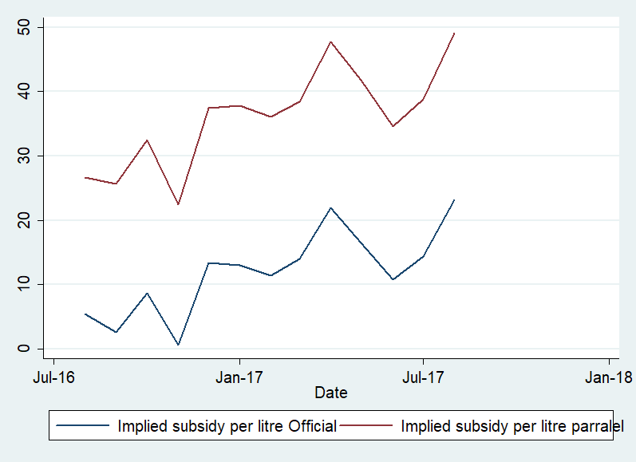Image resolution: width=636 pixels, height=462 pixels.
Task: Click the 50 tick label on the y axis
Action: [x=26, y=28]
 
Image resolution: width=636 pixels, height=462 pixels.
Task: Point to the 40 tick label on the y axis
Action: [x=26, y=92]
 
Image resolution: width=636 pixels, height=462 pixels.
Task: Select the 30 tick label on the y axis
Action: [x=26, y=156]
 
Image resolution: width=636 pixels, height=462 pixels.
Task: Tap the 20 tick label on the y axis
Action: [x=26, y=220]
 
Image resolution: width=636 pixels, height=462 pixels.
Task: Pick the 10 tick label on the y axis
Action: [x=26, y=284]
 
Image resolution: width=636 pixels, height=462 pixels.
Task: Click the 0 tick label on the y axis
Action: [x=26, y=349]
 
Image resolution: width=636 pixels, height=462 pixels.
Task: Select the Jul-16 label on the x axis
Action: [x=53, y=377]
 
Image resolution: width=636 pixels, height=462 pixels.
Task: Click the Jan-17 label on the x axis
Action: [x=239, y=377]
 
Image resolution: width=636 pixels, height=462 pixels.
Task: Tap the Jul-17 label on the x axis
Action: [x=423, y=377]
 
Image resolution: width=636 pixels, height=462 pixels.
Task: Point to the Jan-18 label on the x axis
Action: [x=609, y=377]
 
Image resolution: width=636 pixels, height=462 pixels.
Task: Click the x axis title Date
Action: [x=330, y=393]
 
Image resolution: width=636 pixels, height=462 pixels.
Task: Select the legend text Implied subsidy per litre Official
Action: [x=227, y=426]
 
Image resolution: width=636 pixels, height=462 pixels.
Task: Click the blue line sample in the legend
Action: [x=83, y=426]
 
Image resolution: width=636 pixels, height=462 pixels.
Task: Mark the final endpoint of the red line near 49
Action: [x=454, y=33]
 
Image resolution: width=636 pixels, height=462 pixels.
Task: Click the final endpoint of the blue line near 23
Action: [x=454, y=199]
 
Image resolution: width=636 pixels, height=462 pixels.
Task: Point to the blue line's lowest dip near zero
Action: [x=178, y=345]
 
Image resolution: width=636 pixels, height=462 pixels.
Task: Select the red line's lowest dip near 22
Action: [x=178, y=204]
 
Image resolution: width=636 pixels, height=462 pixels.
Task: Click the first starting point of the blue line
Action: [x=85, y=314]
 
